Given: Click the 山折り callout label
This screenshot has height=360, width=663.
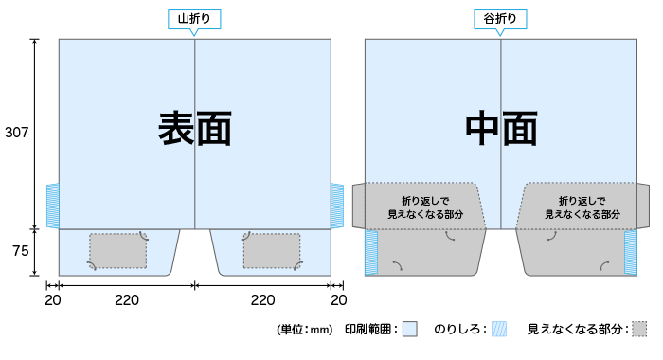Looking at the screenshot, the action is tap(193, 19).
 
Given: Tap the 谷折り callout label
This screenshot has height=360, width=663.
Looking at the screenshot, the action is tap(500, 19).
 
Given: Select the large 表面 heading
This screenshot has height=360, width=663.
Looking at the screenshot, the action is tap(194, 129).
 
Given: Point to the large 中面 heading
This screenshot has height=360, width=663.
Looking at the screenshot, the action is tap(501, 129).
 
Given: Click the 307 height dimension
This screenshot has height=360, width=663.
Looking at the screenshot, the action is tap(17, 133).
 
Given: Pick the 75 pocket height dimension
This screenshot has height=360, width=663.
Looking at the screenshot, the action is tap(20, 253).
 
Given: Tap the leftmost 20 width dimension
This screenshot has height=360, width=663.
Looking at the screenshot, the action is tap(53, 300).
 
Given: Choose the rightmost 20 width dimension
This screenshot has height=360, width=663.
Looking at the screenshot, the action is tap(338, 300).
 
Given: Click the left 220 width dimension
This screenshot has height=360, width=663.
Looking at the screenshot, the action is tap(127, 300).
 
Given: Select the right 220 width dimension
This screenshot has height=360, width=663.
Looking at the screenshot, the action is tap(262, 300).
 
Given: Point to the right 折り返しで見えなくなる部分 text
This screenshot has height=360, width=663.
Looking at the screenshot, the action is tap(582, 207).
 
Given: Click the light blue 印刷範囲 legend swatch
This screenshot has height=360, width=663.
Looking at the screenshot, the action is tap(409, 330).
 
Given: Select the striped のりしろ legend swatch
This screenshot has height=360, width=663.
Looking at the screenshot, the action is tap(499, 330).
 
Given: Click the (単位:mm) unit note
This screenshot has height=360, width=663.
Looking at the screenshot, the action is tap(305, 330).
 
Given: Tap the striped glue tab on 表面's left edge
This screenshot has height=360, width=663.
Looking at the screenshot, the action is tap(53, 205).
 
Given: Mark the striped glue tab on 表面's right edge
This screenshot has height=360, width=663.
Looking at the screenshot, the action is tap(337, 205).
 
